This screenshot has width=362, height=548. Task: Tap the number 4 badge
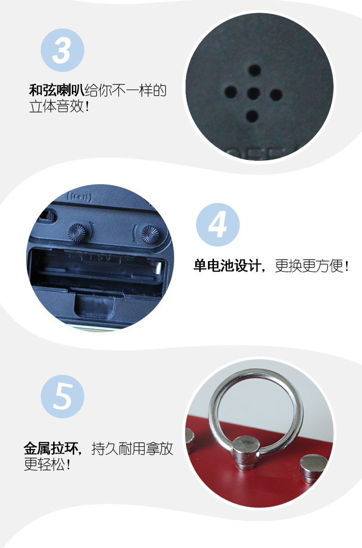218,225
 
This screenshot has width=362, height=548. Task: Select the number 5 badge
62,395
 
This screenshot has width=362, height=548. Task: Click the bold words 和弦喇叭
57,90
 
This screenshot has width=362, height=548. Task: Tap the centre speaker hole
253,94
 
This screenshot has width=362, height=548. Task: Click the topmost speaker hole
254,71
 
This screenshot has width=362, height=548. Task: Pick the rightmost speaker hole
276,95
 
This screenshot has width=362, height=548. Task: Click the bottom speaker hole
252,116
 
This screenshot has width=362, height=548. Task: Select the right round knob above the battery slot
149,234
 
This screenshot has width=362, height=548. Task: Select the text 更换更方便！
312,266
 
